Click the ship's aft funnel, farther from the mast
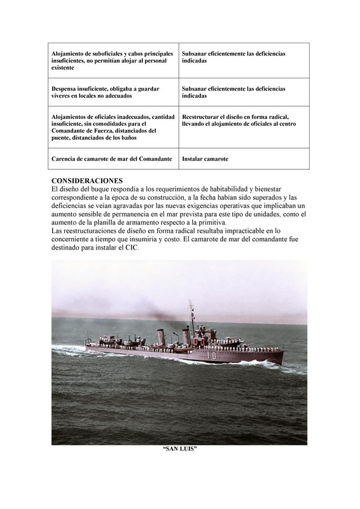[x=161, y=336]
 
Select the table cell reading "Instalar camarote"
[x=205, y=158]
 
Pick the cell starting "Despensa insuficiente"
[x=105, y=92]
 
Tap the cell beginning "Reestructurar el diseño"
[x=236, y=120]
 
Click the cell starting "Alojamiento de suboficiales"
[x=112, y=60]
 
